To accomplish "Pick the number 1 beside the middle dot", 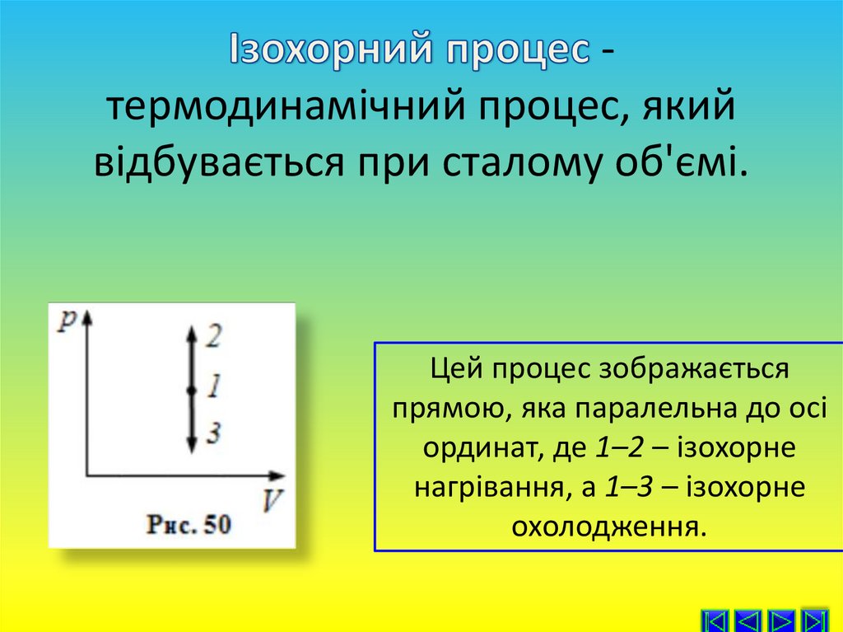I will point(213,385).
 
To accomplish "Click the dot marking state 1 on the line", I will point(190,390).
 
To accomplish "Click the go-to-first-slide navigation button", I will point(715,620).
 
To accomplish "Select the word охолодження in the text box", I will point(608,525).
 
